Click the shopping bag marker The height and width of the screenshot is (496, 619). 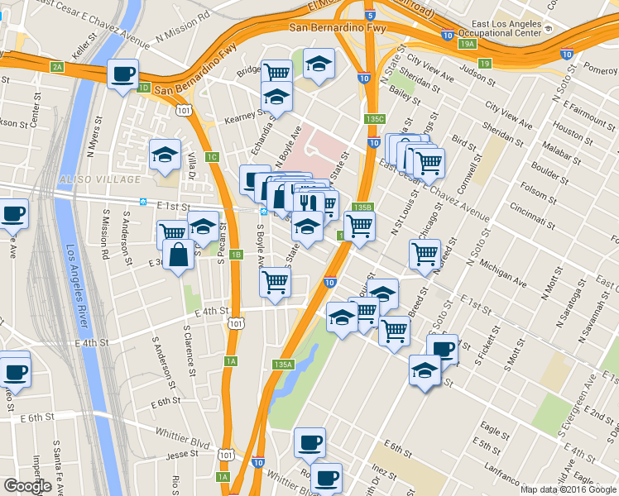(180, 256)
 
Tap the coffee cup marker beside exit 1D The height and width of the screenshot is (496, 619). (122, 75)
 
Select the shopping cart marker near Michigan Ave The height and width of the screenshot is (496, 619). (425, 255)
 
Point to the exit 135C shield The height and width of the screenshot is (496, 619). (375, 119)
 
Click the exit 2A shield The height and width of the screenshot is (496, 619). (56, 67)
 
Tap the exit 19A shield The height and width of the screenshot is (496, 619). (468, 44)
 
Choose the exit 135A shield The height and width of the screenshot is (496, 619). (283, 364)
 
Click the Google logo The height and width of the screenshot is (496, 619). (27, 486)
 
